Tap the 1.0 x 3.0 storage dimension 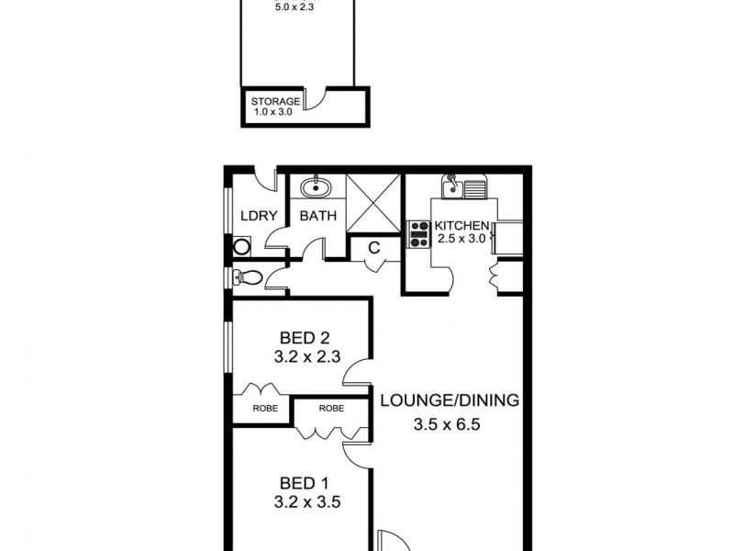coord(275,114)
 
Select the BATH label coord(318,217)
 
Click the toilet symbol coord(244,278)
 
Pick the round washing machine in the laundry coord(242,246)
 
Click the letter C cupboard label coord(374,247)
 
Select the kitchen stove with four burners coord(419,234)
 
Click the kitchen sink coord(462,189)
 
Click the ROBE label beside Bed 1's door coord(331,407)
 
